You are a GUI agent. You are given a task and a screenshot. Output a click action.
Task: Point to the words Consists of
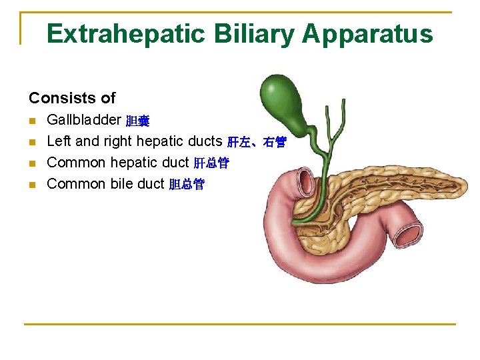click(x=72, y=98)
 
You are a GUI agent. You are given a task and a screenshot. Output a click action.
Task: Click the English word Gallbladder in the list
click(x=84, y=120)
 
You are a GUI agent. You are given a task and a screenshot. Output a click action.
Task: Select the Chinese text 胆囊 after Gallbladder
click(x=138, y=121)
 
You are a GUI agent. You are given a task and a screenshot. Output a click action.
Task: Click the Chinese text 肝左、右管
click(x=257, y=142)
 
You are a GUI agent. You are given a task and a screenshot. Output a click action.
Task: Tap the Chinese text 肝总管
click(x=211, y=163)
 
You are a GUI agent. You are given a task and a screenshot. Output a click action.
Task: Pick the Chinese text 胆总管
click(x=187, y=185)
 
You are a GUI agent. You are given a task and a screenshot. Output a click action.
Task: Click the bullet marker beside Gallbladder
click(x=32, y=121)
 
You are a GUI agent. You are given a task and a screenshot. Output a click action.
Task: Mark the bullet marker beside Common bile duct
click(x=32, y=185)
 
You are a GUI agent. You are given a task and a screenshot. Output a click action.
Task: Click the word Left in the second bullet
click(x=58, y=141)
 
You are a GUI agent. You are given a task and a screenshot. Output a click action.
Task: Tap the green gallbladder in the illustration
click(x=280, y=100)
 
